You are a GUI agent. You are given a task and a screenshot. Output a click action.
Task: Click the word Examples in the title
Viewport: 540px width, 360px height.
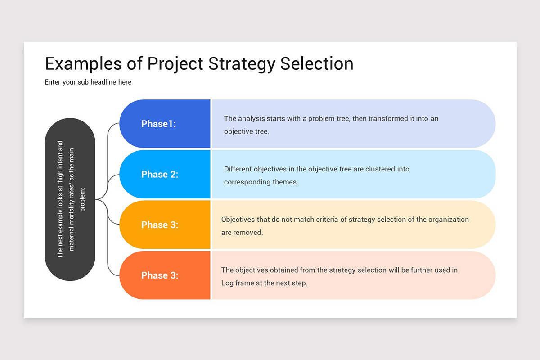(x=83, y=63)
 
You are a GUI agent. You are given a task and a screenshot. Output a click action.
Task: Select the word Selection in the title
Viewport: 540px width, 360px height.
(x=317, y=63)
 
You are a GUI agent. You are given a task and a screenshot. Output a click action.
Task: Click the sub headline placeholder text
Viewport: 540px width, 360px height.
(x=88, y=82)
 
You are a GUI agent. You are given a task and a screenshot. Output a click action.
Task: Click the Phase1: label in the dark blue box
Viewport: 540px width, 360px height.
(x=158, y=124)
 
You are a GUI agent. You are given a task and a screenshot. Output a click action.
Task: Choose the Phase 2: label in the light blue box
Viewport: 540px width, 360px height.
(x=160, y=175)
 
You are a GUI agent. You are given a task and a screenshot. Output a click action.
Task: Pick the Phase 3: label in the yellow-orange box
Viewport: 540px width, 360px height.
(x=160, y=225)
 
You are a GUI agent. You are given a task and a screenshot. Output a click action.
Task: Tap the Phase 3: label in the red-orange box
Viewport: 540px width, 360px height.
(x=160, y=275)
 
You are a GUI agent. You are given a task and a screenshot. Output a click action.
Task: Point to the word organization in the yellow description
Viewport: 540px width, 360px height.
(x=448, y=220)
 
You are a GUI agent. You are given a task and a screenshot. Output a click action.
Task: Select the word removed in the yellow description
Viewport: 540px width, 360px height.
(x=248, y=233)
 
